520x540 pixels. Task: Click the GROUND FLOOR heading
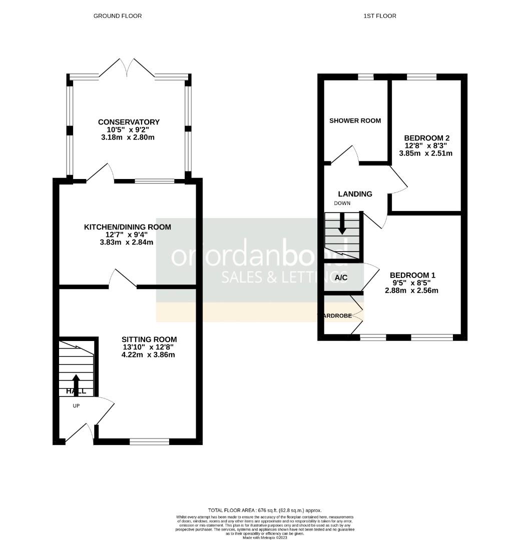(x=118, y=16)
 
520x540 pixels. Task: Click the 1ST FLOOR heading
(x=380, y=16)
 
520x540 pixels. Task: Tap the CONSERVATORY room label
(x=129, y=122)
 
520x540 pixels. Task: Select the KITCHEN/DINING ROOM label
(x=127, y=227)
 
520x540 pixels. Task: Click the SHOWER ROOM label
(x=355, y=120)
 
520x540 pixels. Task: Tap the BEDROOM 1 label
(x=412, y=275)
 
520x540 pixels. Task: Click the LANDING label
(x=355, y=194)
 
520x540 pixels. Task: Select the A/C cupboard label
(x=341, y=277)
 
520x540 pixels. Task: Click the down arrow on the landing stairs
(x=342, y=224)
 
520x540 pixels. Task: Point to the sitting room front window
(x=149, y=441)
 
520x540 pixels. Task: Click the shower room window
(x=366, y=76)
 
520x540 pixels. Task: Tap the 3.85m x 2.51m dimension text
(x=425, y=153)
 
